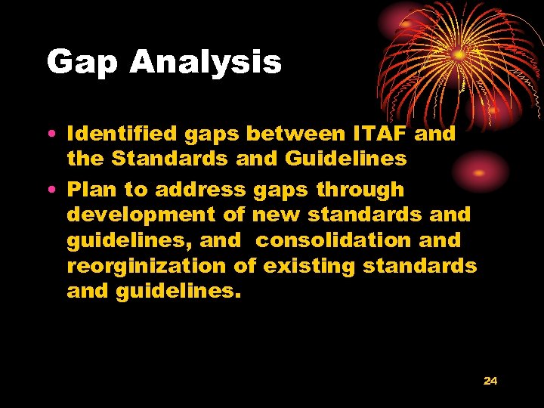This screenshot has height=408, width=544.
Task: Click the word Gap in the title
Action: click(82, 63)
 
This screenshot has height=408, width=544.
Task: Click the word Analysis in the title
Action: click(206, 63)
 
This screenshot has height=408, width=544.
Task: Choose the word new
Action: click(278, 215)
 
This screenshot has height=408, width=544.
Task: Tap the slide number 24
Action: click(490, 381)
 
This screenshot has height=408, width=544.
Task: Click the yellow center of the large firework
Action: click(459, 55)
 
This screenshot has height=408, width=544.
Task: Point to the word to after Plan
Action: click(136, 190)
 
